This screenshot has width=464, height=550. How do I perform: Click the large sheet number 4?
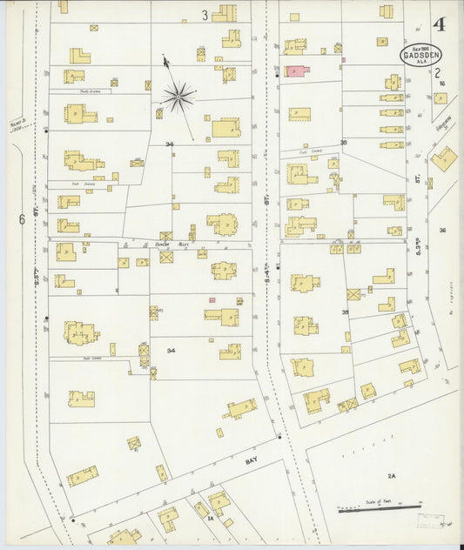point(439,23)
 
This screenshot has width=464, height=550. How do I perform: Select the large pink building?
point(296,70)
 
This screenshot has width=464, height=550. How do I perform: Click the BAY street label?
point(252,460)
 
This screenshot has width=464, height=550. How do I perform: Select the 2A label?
point(392,476)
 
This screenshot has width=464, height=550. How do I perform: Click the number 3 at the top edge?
point(205,14)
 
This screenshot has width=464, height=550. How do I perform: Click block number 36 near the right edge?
point(442,230)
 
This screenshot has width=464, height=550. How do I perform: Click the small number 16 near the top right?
point(442,84)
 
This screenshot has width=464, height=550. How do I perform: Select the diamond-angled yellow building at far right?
point(443,158)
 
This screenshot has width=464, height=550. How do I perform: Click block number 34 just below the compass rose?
point(170,144)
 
